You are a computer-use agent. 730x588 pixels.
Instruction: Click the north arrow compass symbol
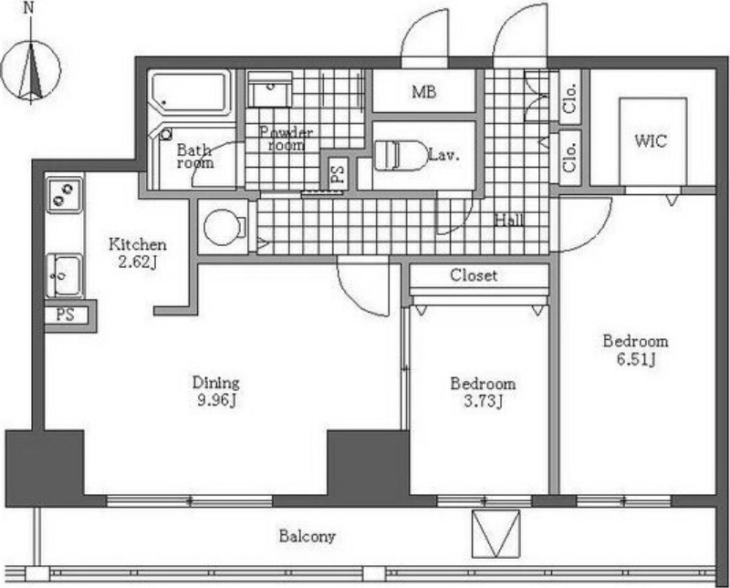pos(31,70)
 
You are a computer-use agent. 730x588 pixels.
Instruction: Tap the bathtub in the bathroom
pos(191,94)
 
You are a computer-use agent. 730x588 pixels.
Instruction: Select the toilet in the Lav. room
pos(401,155)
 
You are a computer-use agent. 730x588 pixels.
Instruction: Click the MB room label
pos(423,92)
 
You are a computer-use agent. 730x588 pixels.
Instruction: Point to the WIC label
pos(651,140)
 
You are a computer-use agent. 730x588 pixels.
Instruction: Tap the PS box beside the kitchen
pos(66,315)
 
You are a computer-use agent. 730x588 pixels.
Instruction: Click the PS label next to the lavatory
pos(338,172)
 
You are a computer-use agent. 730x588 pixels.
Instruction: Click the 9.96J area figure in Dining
pos(217,400)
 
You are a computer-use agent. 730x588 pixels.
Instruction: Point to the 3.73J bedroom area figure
pos(484,401)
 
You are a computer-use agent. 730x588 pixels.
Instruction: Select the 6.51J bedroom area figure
pos(636,359)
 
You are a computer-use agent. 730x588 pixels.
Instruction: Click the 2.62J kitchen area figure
pos(137,263)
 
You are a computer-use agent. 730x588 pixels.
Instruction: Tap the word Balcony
pos(307,536)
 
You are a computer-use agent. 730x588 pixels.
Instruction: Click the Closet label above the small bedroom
pos(474,275)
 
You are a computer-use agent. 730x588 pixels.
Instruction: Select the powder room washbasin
pos(269,89)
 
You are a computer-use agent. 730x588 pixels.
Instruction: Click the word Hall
pos(510,220)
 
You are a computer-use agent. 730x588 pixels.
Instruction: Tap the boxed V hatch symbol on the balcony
pos(495,534)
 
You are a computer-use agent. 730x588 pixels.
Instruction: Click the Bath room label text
pos(195,156)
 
